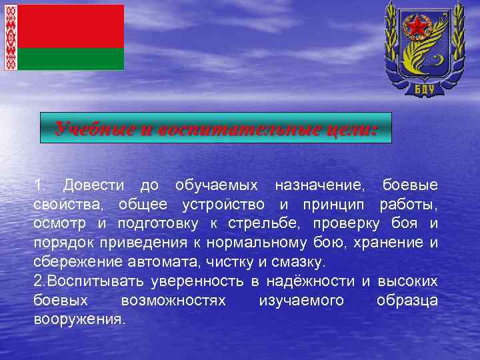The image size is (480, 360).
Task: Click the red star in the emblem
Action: coord(417,27)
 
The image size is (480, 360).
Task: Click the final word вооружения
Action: coord(79,319)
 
